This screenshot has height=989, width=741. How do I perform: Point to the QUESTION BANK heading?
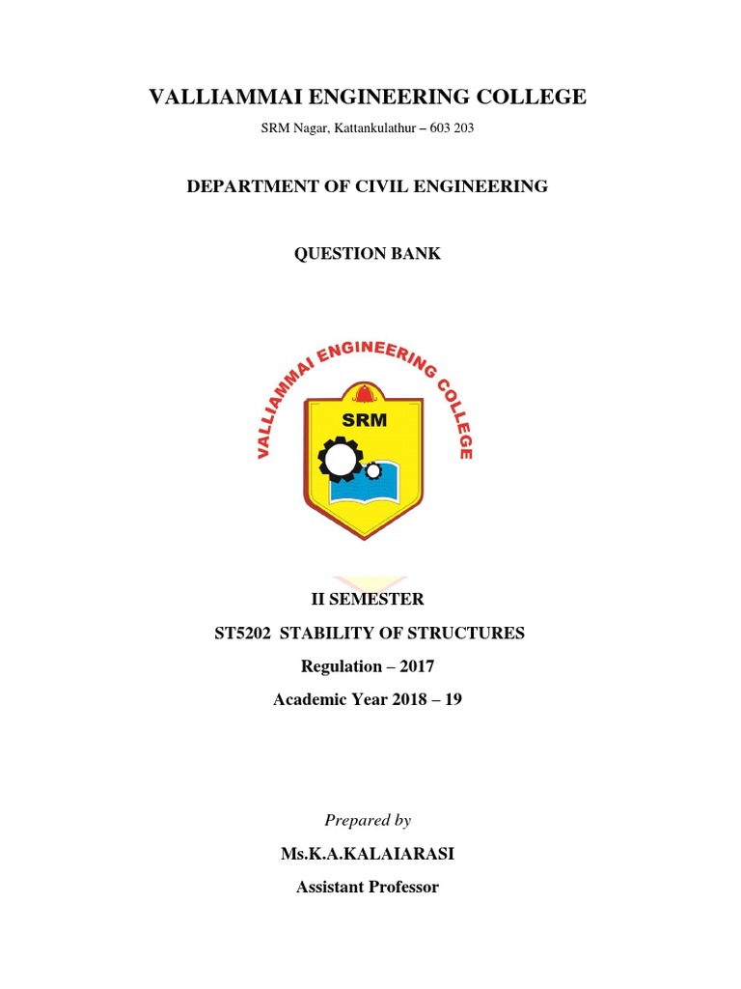tap(368, 254)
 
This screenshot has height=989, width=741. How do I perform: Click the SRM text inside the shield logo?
tap(364, 419)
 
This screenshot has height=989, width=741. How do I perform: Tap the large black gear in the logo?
tap(340, 459)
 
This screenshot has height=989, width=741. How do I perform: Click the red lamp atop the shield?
tap(364, 394)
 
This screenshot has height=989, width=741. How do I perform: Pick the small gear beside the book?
tap(372, 470)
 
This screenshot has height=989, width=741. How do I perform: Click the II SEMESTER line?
tap(367, 600)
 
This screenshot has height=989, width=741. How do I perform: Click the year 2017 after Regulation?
tap(413, 666)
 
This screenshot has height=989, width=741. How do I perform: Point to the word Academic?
tap(310, 699)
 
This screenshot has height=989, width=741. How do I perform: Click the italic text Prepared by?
tap(368, 821)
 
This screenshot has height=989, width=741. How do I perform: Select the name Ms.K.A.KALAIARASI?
tap(368, 855)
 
